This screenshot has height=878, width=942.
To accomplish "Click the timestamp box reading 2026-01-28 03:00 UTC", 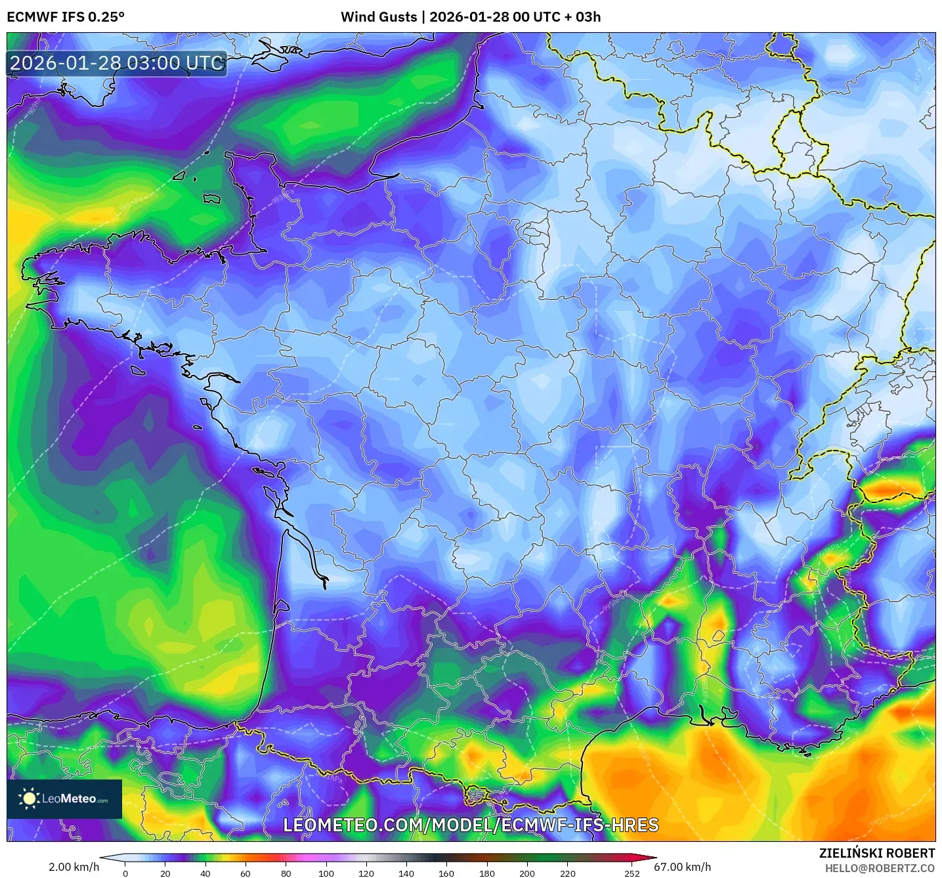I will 117,64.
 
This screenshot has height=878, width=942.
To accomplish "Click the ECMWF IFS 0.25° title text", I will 66,17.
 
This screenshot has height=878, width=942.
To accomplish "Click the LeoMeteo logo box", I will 64,799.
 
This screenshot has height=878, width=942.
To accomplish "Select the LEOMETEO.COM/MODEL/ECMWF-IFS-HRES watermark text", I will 470,825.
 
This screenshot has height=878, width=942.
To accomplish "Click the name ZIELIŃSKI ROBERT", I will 876,853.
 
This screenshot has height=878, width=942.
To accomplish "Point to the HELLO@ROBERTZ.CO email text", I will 879,868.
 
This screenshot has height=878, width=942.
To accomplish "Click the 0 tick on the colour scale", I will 125,873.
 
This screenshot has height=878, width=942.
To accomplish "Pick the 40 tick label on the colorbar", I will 205,873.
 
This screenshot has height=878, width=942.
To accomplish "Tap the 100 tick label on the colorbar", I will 326,873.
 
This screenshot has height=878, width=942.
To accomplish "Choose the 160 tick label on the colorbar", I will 446,873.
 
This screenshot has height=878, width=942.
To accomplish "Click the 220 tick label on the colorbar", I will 567,873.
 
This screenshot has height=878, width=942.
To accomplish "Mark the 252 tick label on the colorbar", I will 632,873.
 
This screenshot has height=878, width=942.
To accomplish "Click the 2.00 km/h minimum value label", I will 74,867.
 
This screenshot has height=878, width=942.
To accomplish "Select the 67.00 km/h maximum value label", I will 683,867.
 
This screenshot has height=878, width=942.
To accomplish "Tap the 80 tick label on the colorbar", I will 286,873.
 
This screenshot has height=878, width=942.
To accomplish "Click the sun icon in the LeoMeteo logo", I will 29,799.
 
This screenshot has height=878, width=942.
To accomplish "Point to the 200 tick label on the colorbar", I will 526,873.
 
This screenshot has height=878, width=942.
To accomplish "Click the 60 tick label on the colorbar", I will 246,873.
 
